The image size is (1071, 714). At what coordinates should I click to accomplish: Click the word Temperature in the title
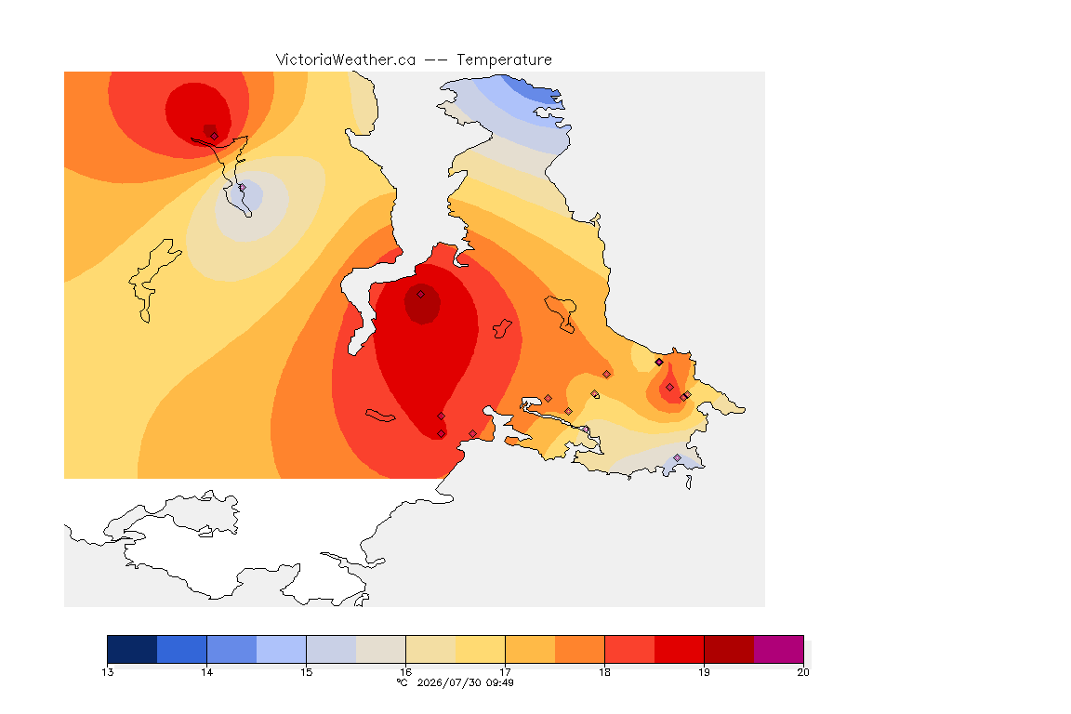click(504, 60)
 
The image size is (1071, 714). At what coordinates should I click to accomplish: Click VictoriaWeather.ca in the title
click(346, 60)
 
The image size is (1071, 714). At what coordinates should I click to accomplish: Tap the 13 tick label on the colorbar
click(107, 672)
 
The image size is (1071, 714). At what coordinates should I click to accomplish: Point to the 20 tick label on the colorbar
click(803, 672)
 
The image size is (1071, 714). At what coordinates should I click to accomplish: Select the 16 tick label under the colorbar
click(405, 672)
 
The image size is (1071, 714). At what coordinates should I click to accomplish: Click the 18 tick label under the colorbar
click(604, 672)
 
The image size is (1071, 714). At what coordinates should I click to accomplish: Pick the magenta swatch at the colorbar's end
click(779, 649)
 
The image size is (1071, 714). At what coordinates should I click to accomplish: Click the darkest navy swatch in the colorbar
click(133, 649)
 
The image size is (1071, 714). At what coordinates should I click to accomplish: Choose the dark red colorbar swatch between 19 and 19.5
click(729, 649)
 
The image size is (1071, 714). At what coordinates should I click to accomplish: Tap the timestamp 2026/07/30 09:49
click(465, 682)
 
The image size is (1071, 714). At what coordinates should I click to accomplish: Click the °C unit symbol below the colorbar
click(403, 682)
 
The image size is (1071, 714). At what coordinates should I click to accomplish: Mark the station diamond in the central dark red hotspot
click(421, 295)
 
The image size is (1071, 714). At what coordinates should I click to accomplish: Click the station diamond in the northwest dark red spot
click(215, 136)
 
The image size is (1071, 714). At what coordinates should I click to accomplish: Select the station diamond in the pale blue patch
click(242, 187)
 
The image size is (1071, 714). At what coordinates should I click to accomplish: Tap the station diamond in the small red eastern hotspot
click(669, 388)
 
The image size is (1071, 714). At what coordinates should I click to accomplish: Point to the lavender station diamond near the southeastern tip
click(677, 457)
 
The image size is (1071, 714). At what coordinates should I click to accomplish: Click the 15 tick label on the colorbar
click(306, 672)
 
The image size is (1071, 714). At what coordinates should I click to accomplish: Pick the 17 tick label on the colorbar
click(505, 672)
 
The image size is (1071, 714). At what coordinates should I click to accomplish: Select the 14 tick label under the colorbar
click(207, 672)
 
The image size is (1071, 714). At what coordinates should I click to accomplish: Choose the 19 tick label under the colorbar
click(704, 672)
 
